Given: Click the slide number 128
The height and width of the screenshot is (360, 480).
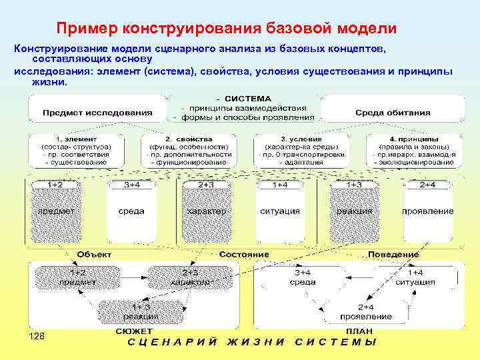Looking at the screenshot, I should point(37,337).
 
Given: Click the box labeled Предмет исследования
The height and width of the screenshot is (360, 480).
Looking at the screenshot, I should point(97,113).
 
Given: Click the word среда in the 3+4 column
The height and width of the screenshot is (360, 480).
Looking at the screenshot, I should point(131,211).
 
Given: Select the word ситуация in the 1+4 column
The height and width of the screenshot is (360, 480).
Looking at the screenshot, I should point(280,211).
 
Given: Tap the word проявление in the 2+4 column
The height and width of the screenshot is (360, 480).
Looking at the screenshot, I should point(428,211).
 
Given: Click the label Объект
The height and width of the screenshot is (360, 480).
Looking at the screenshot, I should point(95,254).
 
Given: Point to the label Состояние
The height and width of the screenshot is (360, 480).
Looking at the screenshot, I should point(244,254).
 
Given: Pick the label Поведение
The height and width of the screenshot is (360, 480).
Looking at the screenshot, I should point(393,254).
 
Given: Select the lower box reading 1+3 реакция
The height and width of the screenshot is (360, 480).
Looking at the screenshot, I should point(140,311).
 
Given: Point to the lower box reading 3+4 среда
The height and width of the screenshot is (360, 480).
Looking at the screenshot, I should point(303,277).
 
